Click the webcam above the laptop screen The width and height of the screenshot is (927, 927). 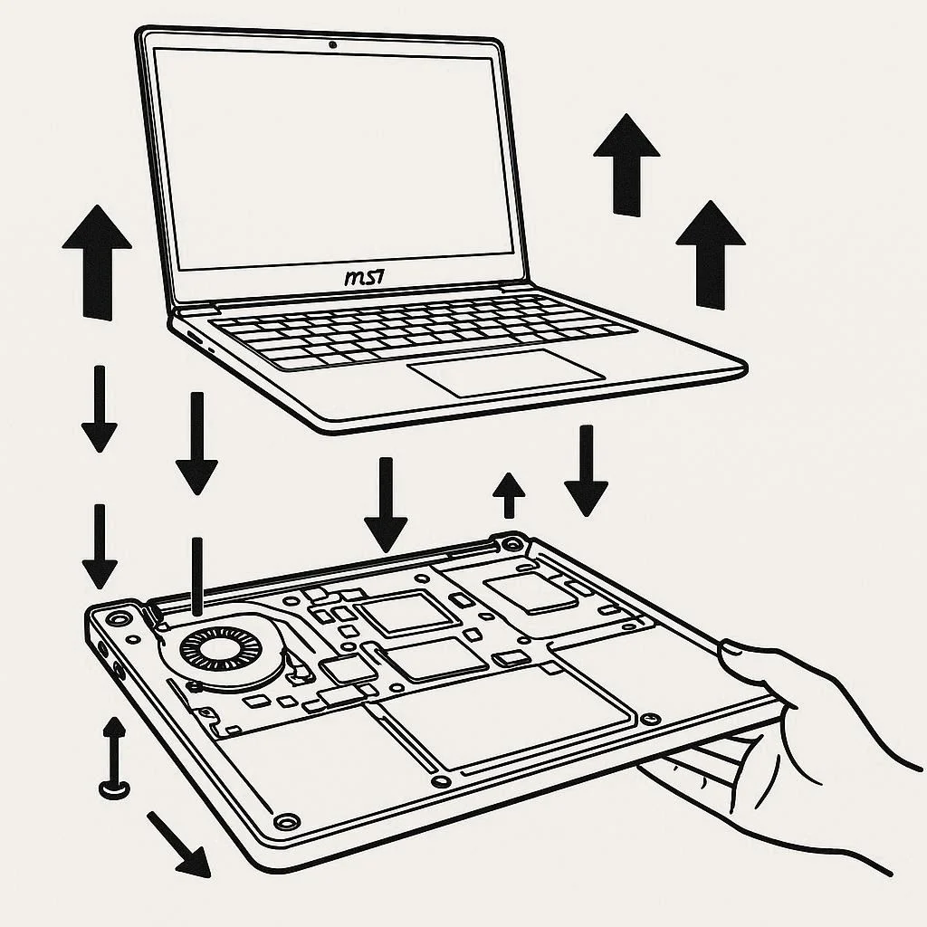click(334, 44)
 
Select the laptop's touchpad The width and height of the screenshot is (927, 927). click(505, 371)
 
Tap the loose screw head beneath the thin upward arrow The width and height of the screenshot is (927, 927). click(114, 789)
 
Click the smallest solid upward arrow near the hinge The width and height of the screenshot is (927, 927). click(510, 494)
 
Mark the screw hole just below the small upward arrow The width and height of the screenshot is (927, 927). click(513, 544)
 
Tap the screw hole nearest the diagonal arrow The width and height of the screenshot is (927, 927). click(287, 821)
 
